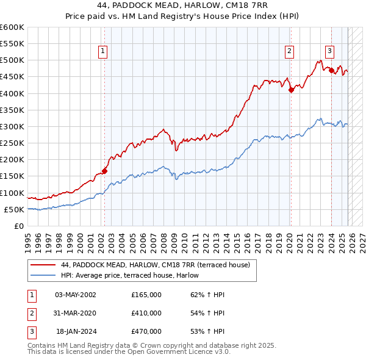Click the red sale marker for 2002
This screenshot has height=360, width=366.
point(104,171)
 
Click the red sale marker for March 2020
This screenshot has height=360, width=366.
point(291,90)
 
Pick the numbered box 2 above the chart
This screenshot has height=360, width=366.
point(289,52)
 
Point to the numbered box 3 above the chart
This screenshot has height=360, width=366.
point(329,52)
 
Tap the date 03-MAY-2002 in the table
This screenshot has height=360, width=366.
point(75,295)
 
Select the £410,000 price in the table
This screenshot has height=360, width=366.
point(146,313)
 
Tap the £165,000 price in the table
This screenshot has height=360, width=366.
point(146,295)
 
